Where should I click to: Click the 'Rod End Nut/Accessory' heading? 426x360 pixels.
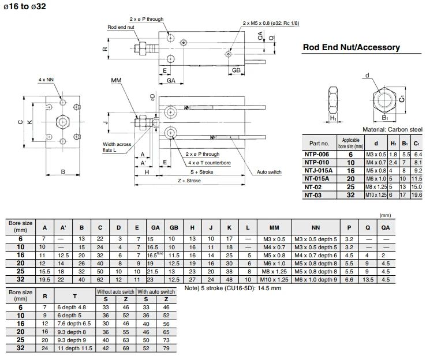point(352,47)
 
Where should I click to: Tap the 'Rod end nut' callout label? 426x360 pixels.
point(121,27)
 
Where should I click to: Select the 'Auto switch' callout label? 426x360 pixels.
point(269,172)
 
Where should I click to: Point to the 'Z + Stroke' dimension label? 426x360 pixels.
point(189,181)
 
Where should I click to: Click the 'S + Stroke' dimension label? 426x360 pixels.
point(201,172)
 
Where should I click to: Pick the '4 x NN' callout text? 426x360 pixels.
point(46,80)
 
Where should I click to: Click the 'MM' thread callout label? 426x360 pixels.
point(116,80)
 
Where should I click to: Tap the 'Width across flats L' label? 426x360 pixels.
point(117,147)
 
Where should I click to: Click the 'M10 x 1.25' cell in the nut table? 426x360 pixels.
point(376,195)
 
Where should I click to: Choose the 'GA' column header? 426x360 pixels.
point(155,228)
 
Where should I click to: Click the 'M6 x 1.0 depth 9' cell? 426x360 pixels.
point(316,280)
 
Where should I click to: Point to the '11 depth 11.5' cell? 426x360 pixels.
point(74,348)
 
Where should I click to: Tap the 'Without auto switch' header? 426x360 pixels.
point(115,292)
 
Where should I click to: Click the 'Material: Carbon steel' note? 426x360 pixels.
point(393,129)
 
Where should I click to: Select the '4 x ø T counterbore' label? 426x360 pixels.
point(209,163)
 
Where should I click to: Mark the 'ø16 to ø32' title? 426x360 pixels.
point(25,6)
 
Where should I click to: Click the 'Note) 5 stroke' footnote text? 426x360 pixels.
point(233,288)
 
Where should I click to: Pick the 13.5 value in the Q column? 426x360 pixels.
point(368,280)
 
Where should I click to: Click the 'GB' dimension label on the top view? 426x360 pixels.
point(236,70)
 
